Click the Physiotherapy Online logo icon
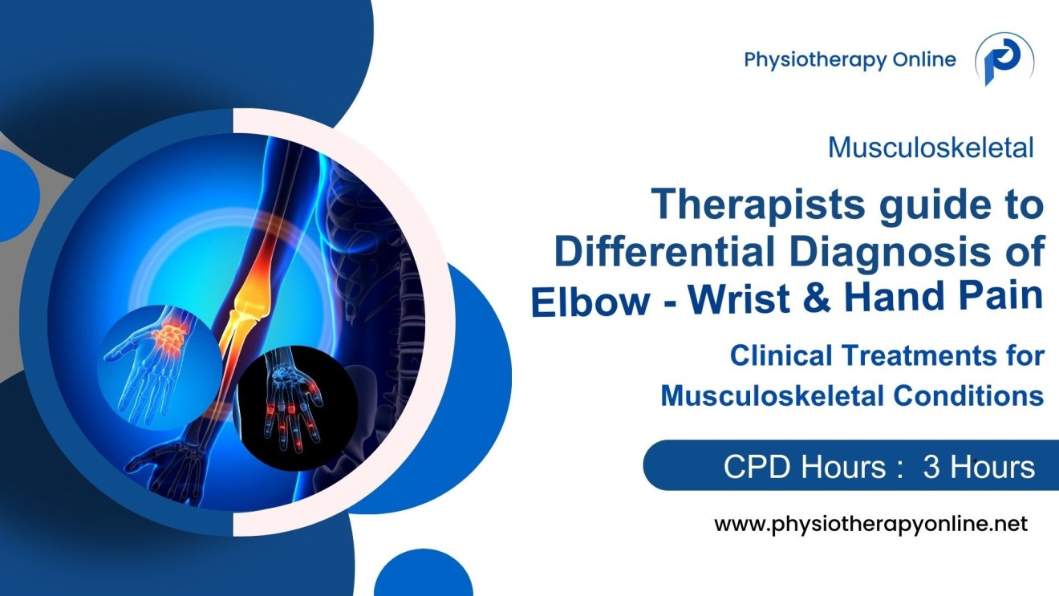[x=1004, y=60]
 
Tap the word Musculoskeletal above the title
[x=931, y=148]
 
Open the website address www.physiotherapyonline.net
[x=870, y=525]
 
